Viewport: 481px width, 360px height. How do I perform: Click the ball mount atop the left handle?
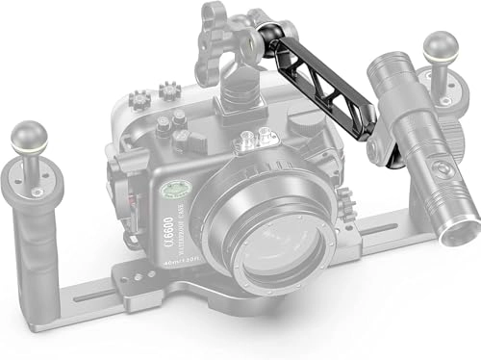pyautogui.click(x=29, y=135)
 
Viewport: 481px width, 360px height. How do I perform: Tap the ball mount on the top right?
pyautogui.click(x=442, y=46)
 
